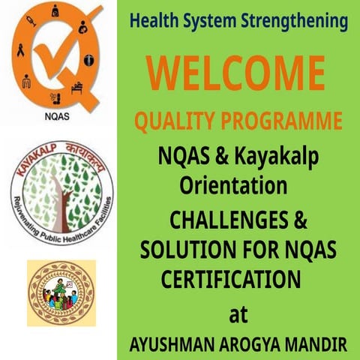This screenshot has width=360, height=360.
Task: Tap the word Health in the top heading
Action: point(155,21)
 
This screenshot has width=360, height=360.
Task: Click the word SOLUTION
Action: point(183,250)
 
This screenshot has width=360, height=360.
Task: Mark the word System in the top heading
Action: point(214,21)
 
